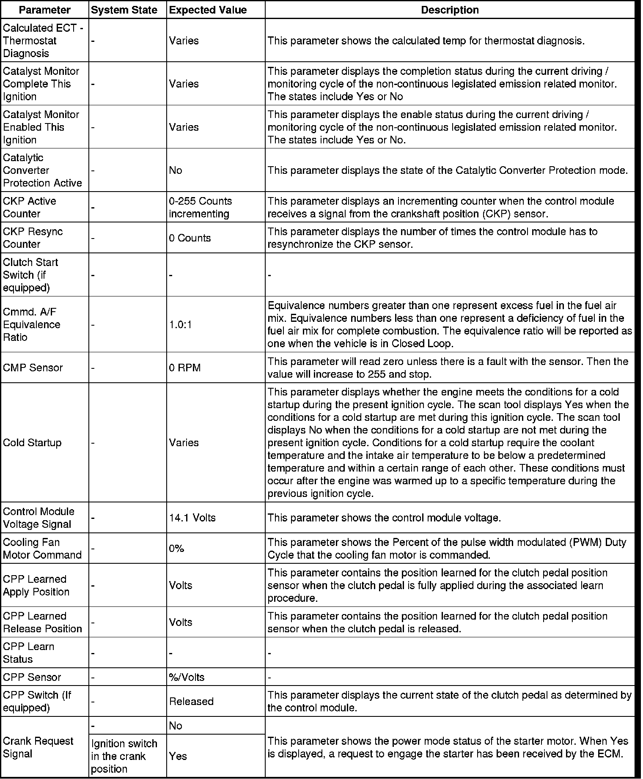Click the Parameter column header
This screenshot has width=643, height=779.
[x=45, y=10]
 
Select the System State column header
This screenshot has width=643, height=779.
[x=124, y=10]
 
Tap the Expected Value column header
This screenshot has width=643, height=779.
[x=208, y=10]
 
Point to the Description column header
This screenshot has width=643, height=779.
[x=450, y=10]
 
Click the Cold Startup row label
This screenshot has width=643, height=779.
[x=32, y=443]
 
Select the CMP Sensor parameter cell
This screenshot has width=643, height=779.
[x=33, y=368]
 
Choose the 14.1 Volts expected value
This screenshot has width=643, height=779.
[x=192, y=518]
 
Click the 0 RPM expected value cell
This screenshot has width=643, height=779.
[x=185, y=368]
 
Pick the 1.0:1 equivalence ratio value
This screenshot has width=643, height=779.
[x=181, y=324]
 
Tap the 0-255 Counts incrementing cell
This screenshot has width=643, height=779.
[x=201, y=207]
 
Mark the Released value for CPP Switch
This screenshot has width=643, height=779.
[x=191, y=701]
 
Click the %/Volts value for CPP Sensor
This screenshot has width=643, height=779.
[x=187, y=677]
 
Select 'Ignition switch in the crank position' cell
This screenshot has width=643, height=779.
[x=124, y=756]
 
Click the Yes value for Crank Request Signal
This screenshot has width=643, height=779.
[x=178, y=756]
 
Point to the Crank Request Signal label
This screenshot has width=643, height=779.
[x=38, y=747]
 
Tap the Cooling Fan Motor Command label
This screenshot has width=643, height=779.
[x=42, y=549]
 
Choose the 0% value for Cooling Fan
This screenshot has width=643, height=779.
[x=176, y=549]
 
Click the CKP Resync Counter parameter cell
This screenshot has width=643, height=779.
[x=33, y=238]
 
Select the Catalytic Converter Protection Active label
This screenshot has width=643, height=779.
[x=42, y=170]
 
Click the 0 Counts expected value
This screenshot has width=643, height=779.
[x=190, y=238]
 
